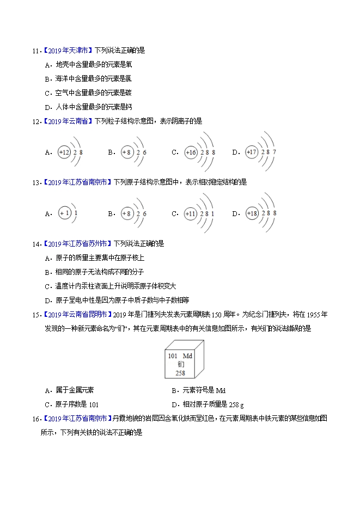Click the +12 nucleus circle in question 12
click(x=64, y=152)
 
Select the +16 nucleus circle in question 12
click(x=191, y=152)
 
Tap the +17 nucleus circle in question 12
click(x=252, y=152)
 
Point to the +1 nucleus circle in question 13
click(x=64, y=213)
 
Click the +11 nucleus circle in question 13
click(x=191, y=213)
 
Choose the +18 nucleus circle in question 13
click(x=252, y=213)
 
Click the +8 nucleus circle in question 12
click(x=127, y=152)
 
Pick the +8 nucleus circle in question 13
click(x=127, y=213)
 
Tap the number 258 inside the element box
click(x=180, y=373)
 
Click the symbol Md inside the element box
click(x=188, y=355)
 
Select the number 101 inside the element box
click(x=173, y=355)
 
